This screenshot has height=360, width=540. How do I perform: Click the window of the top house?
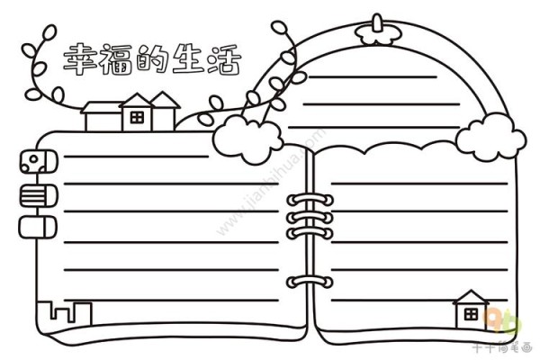point(136,116)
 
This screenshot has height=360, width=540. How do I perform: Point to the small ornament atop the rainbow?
point(375,29)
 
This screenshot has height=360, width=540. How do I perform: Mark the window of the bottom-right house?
point(470,315)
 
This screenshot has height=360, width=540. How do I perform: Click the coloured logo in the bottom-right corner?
point(503,319)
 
